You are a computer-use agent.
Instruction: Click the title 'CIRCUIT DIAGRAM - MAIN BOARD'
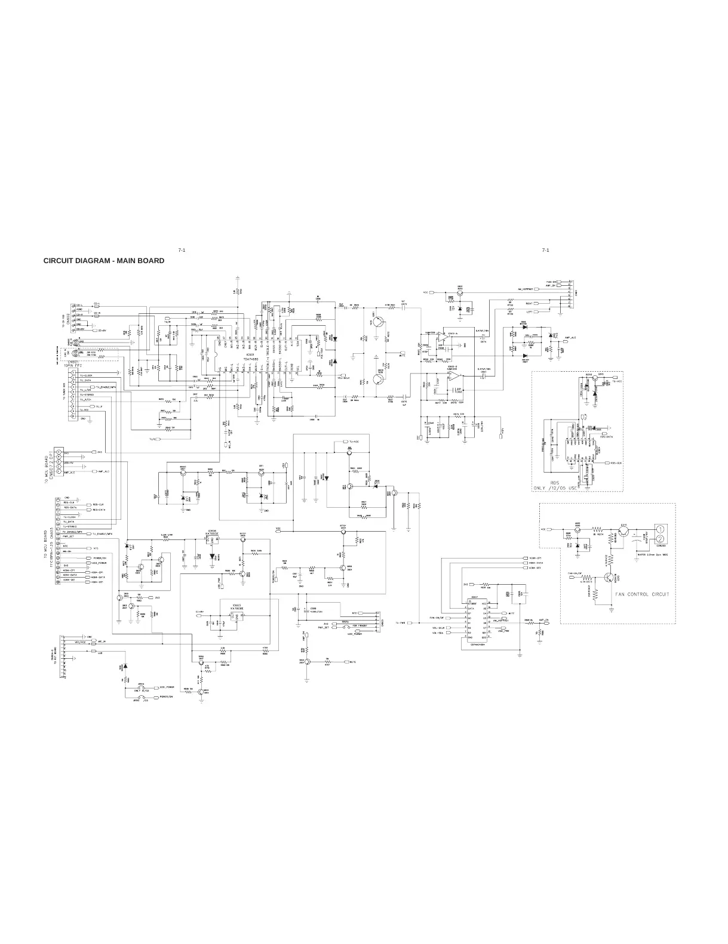click(x=103, y=261)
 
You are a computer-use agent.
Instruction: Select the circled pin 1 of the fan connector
click(x=661, y=529)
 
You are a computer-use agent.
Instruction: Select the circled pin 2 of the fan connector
click(x=661, y=539)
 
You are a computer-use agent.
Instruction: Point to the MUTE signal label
click(x=353, y=661)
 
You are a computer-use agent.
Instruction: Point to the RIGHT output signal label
click(x=529, y=303)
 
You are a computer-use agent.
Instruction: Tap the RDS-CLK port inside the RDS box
click(x=615, y=462)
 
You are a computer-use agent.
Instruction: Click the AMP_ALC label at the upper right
click(x=569, y=338)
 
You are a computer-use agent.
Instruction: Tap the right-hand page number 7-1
click(x=545, y=249)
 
